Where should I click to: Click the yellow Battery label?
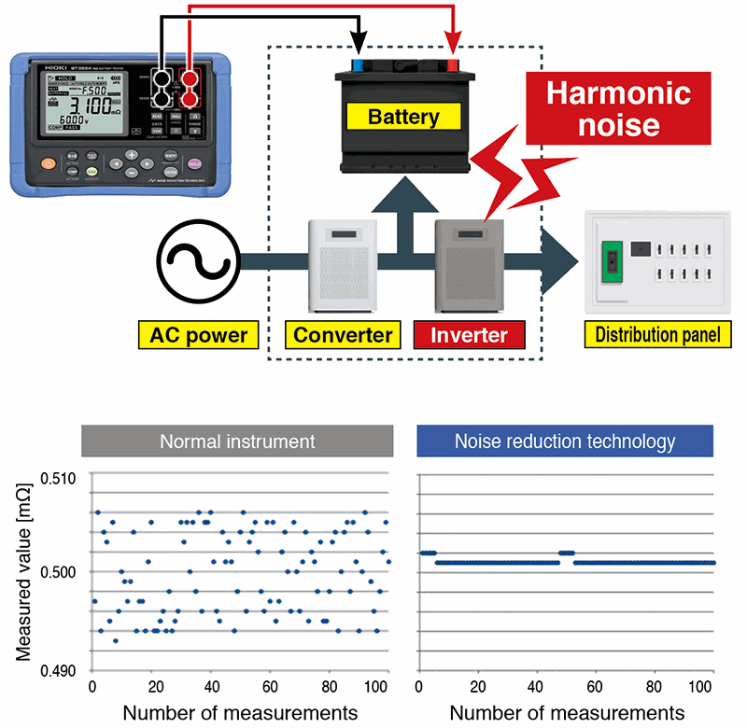[x=403, y=118]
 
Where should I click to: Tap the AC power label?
[x=193, y=334]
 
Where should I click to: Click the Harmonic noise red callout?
[x=617, y=108]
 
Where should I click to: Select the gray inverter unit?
[x=470, y=264]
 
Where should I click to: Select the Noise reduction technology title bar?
[x=565, y=441]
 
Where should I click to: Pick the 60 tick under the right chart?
[x=596, y=688]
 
